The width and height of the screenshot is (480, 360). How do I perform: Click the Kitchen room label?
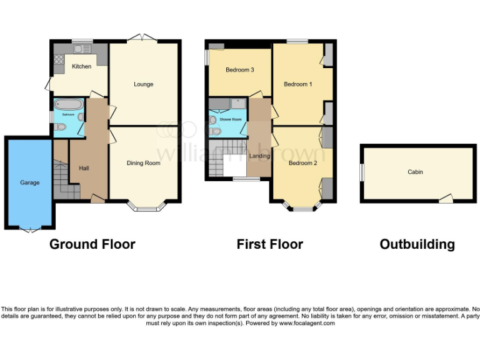[81, 66]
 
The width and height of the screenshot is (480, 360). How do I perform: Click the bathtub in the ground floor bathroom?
[68, 104]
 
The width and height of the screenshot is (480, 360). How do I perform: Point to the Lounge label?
[143, 84]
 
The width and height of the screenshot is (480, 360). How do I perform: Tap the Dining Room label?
[144, 163]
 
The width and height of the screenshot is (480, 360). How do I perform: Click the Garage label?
[29, 182]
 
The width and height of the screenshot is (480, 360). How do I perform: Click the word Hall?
[84, 168]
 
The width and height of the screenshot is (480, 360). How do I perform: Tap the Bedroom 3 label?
[239, 70]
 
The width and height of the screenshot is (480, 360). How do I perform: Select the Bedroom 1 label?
[297, 84]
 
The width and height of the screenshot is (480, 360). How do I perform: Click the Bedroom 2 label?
[302, 163]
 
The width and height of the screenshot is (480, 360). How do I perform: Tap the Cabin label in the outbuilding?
[415, 172]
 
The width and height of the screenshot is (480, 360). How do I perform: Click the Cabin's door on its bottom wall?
[445, 199]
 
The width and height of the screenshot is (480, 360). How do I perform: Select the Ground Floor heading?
[92, 244]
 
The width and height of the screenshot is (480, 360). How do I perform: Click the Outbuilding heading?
[417, 244]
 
